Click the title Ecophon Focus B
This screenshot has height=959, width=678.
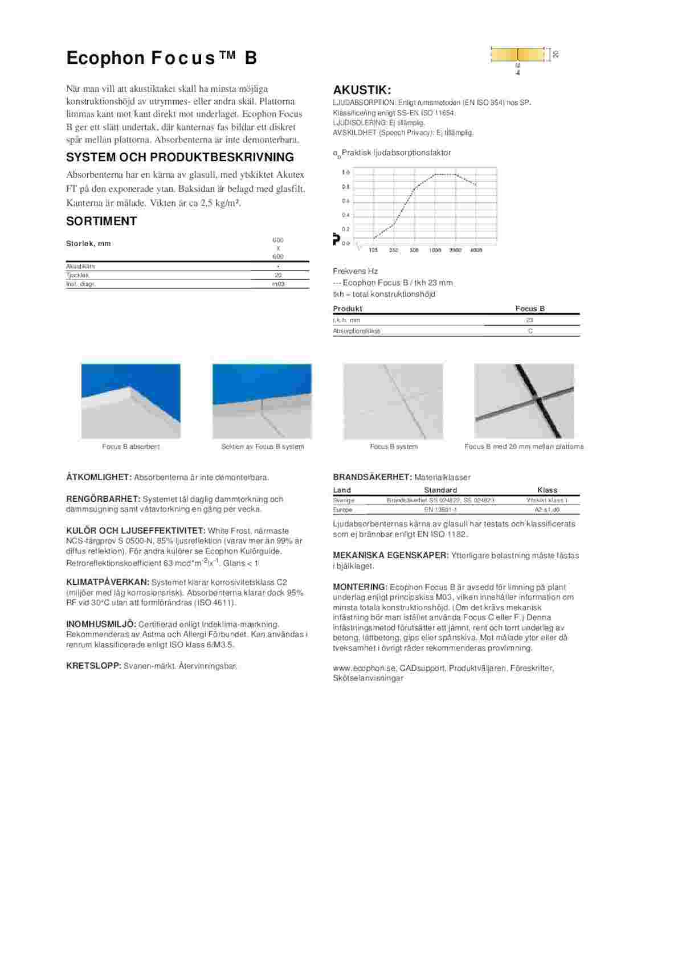pyautogui.click(x=162, y=58)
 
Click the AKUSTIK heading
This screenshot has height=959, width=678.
pyautogui.click(x=362, y=90)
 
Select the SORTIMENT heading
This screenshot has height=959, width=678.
pyautogui.click(x=101, y=221)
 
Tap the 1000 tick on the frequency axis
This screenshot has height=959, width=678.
pyautogui.click(x=435, y=250)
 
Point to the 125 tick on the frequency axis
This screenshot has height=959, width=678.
pyautogui.click(x=373, y=250)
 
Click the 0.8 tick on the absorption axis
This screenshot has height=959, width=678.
pyautogui.click(x=346, y=187)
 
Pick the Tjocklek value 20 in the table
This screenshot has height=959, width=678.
pyautogui.click(x=278, y=275)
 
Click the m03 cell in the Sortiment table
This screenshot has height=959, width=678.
pyautogui.click(x=278, y=284)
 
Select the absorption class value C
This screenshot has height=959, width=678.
pyautogui.click(x=530, y=331)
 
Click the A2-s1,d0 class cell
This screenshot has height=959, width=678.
pyautogui.click(x=547, y=510)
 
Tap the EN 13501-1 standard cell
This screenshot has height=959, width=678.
pyautogui.click(x=440, y=510)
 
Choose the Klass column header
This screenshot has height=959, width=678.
pyautogui.click(x=547, y=490)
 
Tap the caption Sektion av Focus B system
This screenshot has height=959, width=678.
pyautogui.click(x=263, y=446)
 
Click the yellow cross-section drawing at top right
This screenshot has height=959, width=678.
pyautogui.click(x=517, y=55)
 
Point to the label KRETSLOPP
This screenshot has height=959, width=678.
pyautogui.click(x=94, y=666)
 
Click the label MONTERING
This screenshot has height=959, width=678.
pyautogui.click(x=360, y=587)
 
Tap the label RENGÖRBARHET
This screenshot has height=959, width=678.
pyautogui.click(x=103, y=499)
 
